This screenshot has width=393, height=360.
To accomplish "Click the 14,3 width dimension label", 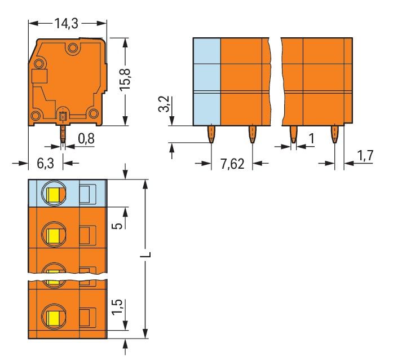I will tap(67, 23).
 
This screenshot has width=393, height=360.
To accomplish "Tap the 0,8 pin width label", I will tap(86, 138).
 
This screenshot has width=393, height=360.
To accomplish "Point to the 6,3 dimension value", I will tap(45, 164).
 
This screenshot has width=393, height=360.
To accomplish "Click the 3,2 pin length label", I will tap(164, 106).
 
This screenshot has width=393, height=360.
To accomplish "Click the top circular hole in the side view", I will tap(72, 50).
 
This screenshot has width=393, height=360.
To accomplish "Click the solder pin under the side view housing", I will tap(63, 134).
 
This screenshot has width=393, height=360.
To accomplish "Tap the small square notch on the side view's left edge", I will tap(38, 77).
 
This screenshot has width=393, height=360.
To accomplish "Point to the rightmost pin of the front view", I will tap(334, 135).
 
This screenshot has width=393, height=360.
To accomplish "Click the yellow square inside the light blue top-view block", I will tap(54, 195).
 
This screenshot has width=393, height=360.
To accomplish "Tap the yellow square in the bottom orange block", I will tap(54, 317).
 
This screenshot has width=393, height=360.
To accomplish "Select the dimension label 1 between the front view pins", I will tap(311, 138).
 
